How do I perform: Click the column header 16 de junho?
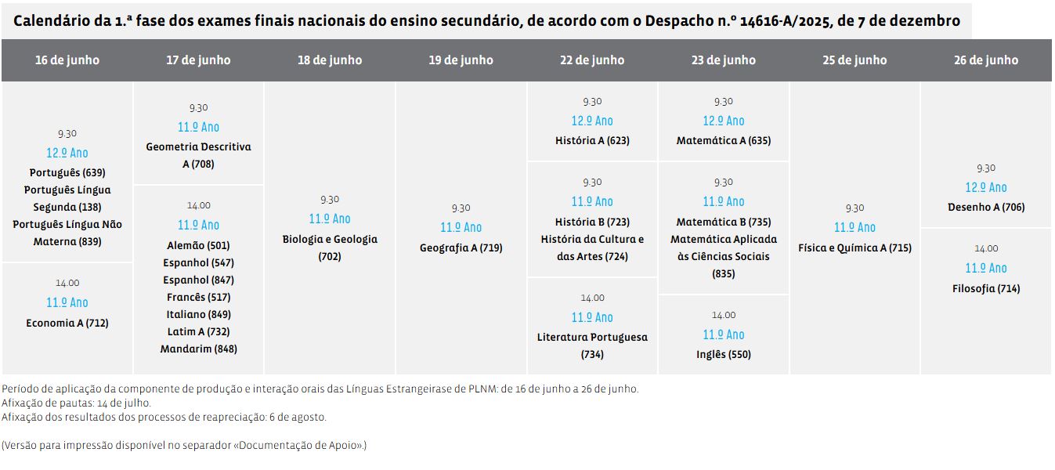pos(67,60)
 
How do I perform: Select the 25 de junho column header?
pos(854,60)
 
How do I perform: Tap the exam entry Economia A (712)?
pos(67,323)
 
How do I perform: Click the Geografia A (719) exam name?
pos(461,248)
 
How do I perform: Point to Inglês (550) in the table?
pos(724,354)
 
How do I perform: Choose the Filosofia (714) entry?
pos(986,288)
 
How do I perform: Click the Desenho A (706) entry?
pos(986,207)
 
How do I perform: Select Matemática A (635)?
pos(724,141)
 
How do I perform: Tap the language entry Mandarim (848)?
pos(199,349)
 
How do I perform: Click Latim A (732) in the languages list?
pos(199,331)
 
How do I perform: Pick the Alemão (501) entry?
pos(199,245)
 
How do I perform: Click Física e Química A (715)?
pos(854,248)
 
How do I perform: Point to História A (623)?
pos(592,141)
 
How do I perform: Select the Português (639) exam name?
pos(67,172)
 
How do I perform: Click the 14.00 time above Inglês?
pos(724,315)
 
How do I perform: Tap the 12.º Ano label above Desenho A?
pos(986,187)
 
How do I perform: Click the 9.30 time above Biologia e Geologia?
pos(330,200)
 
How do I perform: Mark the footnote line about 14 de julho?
pos(76,403)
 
